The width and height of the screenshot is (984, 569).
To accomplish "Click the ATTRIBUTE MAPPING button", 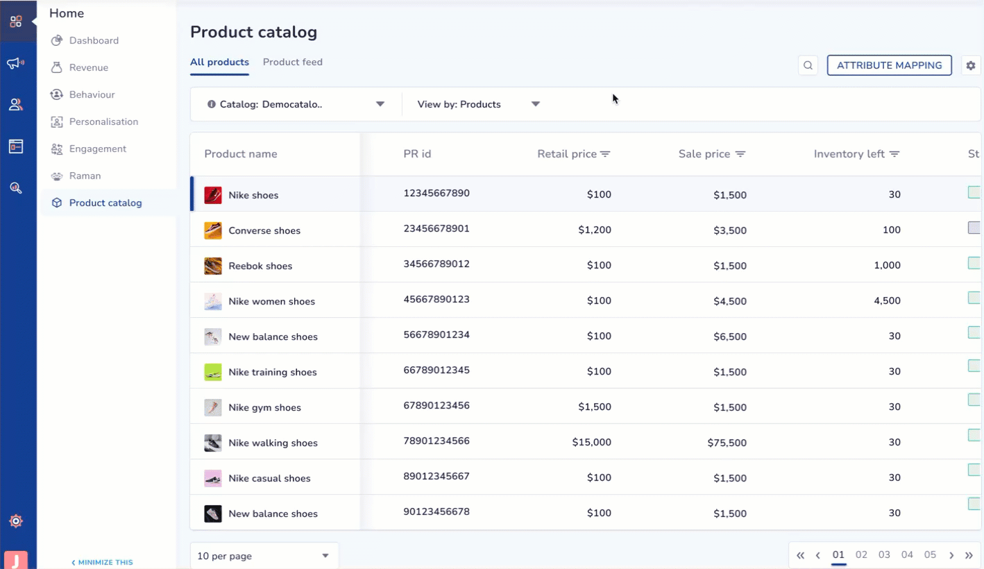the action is click(889, 65).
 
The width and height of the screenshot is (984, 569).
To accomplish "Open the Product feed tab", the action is click(293, 62).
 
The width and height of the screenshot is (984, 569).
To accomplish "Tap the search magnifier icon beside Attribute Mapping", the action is click(808, 65).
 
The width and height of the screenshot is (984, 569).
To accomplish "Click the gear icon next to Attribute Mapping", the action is click(970, 65).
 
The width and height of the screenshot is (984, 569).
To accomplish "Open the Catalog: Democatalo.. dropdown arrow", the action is click(380, 104).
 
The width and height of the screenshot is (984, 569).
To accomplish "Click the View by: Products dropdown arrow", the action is click(535, 104).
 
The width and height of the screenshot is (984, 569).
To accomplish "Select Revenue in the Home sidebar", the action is click(89, 68).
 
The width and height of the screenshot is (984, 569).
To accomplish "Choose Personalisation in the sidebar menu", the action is click(103, 121).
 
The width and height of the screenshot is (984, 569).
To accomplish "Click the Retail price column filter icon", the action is click(605, 154).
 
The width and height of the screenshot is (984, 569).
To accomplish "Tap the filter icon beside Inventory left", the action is click(894, 154).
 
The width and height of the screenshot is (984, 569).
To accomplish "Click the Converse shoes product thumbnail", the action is click(212, 230).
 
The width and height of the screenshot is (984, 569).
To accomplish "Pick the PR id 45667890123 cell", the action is click(436, 299).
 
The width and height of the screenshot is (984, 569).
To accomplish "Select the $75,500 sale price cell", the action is click(727, 443).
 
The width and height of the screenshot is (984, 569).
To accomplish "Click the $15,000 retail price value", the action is click(591, 442).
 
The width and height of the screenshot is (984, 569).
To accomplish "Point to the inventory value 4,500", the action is click(887, 300).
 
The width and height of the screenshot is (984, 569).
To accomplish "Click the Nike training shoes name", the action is click(272, 372).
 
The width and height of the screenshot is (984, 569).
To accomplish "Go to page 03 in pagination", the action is click(884, 554).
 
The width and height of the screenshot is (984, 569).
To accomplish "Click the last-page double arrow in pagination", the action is click(969, 555).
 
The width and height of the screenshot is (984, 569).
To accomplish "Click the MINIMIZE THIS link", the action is click(102, 563).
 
